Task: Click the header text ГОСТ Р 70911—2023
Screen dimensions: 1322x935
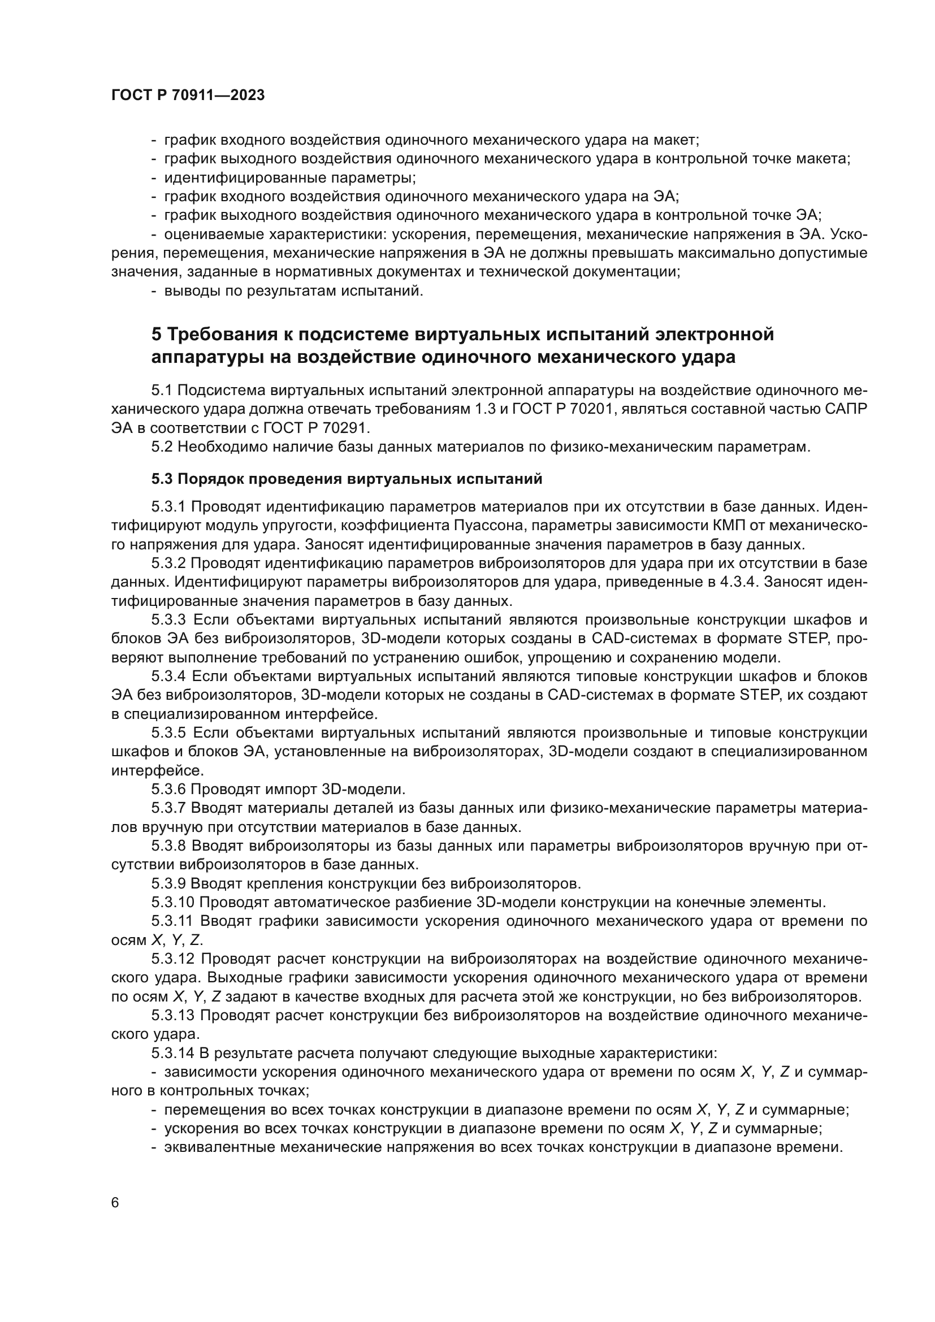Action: click(x=188, y=96)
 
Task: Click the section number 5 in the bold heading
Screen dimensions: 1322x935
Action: click(x=157, y=335)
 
